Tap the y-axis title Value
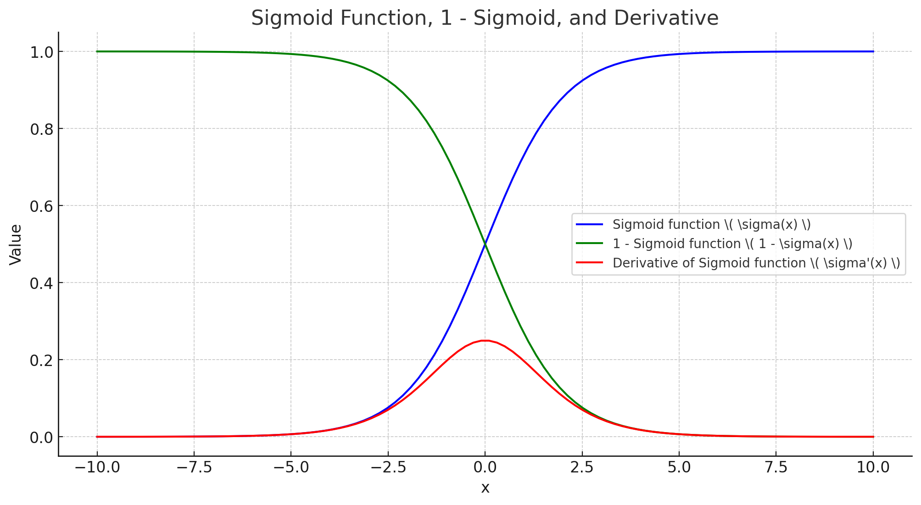point(16,244)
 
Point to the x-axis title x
point(485,488)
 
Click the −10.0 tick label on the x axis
point(97,467)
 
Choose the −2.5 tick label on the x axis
point(388,467)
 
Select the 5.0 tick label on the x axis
point(679,467)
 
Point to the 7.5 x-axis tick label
point(776,467)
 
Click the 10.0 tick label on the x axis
point(873,467)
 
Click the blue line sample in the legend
point(590,224)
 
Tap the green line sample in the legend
point(590,244)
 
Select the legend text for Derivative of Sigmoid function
point(756,263)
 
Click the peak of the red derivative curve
point(485,340)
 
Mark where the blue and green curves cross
point(485,244)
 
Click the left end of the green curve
point(97,51)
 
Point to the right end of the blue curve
point(873,51)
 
